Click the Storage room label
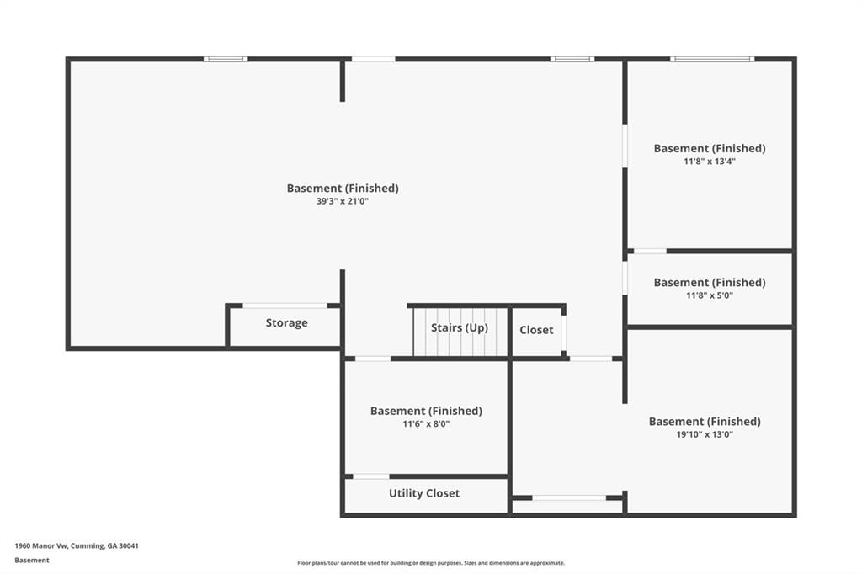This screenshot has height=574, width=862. (286, 322)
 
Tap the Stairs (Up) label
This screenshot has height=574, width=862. (459, 327)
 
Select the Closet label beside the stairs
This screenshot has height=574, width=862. (536, 330)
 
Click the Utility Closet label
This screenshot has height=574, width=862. (424, 493)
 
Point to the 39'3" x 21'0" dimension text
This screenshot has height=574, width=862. (342, 201)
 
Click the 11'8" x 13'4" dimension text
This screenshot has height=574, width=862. (709, 162)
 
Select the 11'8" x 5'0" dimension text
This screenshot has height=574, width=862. (709, 295)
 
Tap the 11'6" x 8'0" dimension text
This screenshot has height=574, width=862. (426, 424)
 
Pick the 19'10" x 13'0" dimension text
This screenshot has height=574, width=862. (705, 434)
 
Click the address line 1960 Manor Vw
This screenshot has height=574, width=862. (77, 546)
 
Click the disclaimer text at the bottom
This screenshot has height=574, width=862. (431, 563)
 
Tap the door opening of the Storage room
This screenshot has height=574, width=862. (285, 306)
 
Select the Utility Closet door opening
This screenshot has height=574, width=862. (371, 476)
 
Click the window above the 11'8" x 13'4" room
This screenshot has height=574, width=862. (712, 59)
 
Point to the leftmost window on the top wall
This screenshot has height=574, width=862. (226, 59)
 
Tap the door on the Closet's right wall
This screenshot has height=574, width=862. (564, 333)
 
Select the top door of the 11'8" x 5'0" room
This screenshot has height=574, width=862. (650, 252)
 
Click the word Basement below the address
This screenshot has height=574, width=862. (32, 561)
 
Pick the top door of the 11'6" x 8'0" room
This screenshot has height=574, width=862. (373, 359)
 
